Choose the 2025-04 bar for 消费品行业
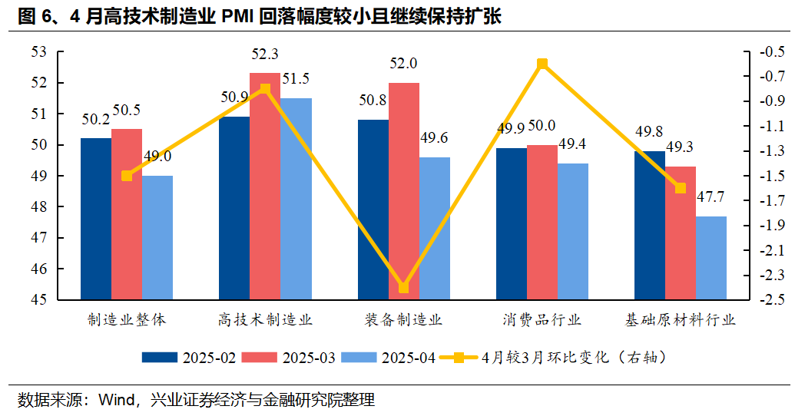click(x=572, y=231)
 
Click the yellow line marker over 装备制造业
click(x=404, y=288)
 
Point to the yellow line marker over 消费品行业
click(x=542, y=64)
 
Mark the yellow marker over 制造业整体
click(x=127, y=176)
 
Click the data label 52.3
click(x=265, y=54)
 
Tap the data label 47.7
click(x=711, y=197)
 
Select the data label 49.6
click(x=435, y=138)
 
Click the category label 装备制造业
click(x=403, y=320)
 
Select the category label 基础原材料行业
click(x=681, y=320)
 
